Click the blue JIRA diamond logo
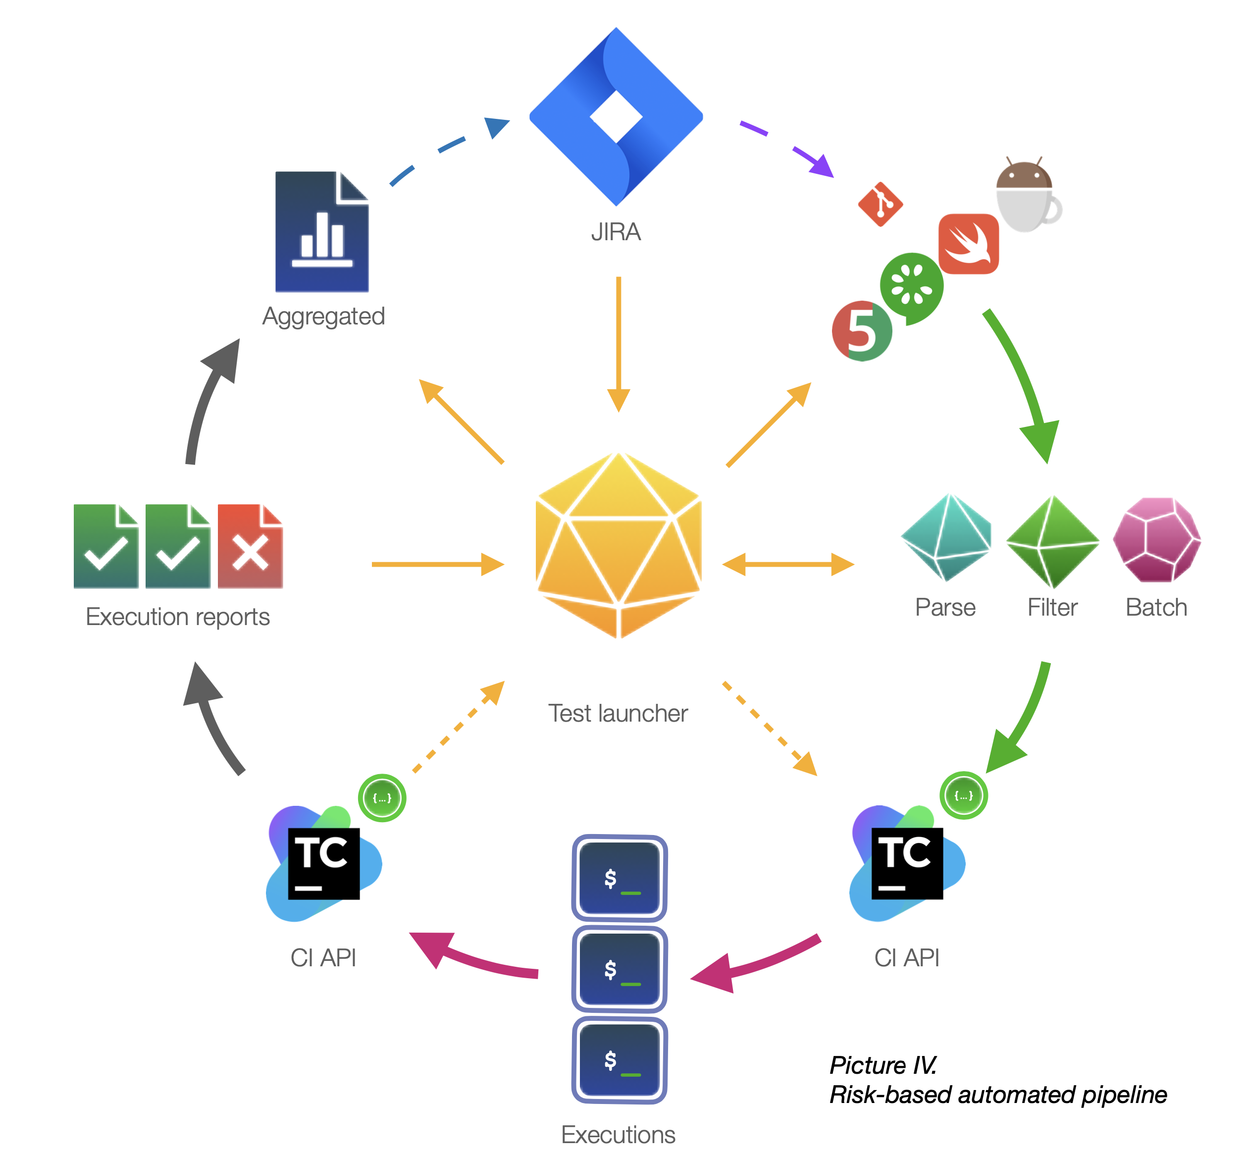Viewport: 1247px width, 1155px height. click(x=616, y=117)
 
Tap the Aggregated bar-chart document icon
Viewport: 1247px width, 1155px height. click(x=322, y=231)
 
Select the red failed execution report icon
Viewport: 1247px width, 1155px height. click(x=250, y=546)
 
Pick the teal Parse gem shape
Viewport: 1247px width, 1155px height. click(x=946, y=537)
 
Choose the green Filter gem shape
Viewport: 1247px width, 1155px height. click(x=1052, y=541)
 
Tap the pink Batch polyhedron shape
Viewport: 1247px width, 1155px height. click(x=1157, y=539)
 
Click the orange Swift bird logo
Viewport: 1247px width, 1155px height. click(x=968, y=244)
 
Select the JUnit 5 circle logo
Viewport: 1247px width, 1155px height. click(x=862, y=331)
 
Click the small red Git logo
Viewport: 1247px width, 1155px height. click(x=880, y=204)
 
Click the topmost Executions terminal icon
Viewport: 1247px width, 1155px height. click(x=620, y=878)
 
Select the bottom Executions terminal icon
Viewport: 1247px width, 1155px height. click(x=620, y=1060)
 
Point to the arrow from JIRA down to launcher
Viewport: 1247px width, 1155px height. click(x=618, y=344)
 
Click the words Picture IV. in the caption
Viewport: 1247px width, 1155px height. click(x=883, y=1064)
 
